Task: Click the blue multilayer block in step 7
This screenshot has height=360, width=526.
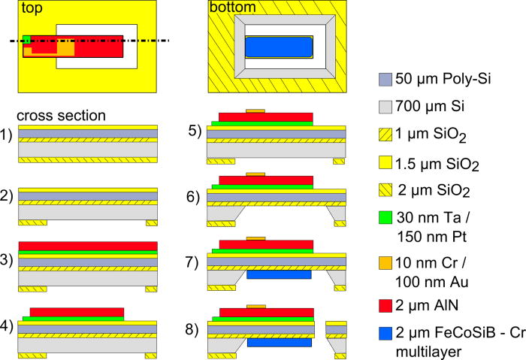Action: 279,275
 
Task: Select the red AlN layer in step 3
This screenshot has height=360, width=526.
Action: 87,246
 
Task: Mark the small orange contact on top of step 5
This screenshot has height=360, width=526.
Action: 255,110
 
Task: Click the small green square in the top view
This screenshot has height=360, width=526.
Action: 26,39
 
